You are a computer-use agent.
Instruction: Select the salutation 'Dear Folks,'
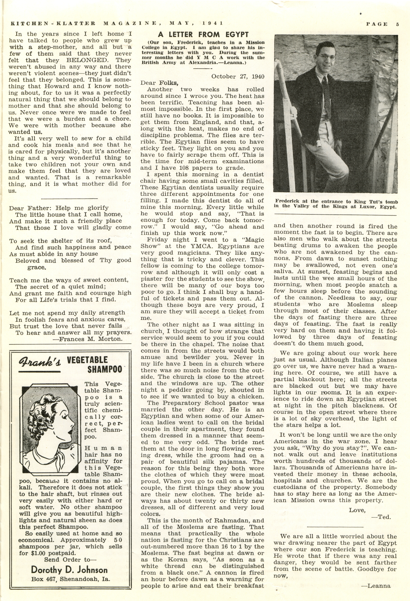click(x=160, y=83)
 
